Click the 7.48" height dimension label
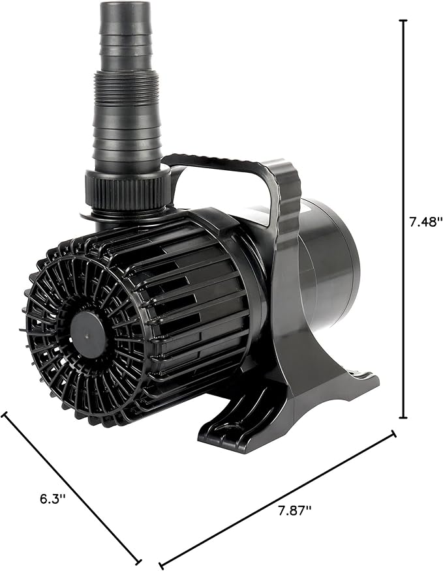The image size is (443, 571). coord(426,222)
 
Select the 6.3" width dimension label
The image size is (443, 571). coord(53,499)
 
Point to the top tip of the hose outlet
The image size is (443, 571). coord(124,5)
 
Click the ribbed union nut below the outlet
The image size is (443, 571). coord(127,190)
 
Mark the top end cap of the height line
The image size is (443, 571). coord(403,21)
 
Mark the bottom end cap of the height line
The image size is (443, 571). coord(403,418)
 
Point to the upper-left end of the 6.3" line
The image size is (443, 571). coord(5,416)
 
